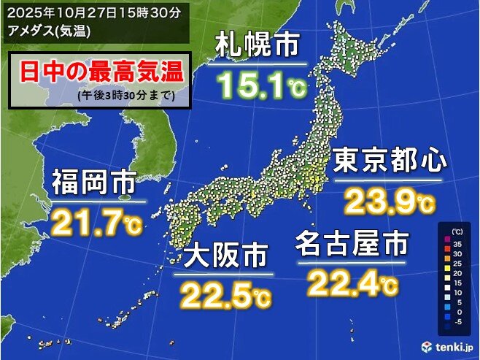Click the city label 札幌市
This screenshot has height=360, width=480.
point(258,47)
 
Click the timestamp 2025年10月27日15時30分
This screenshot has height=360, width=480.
point(94,11)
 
